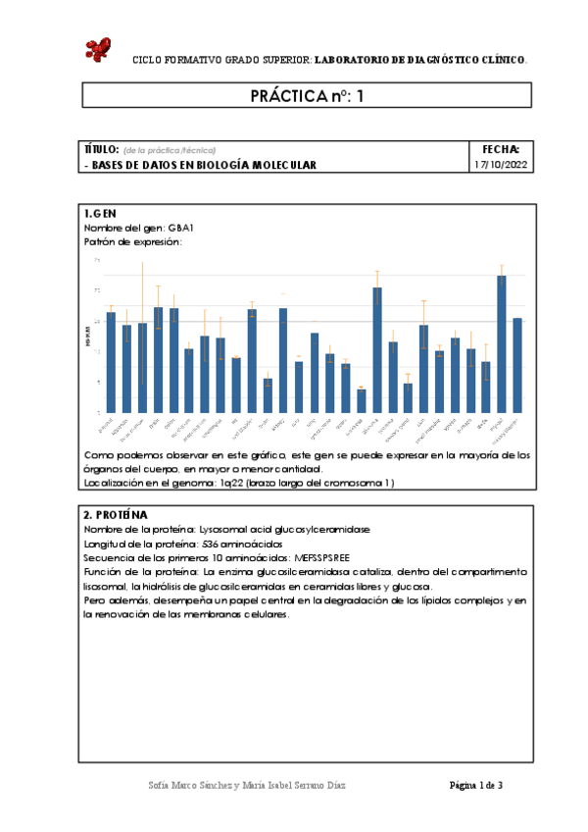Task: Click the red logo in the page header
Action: coord(98,49)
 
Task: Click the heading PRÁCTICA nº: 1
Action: coord(307,95)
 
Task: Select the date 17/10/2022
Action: coord(502,166)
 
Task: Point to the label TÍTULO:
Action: coord(102,149)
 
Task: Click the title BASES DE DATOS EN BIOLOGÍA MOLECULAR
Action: coord(204,166)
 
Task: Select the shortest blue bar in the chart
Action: coord(361,400)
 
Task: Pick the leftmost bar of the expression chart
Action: coord(111,361)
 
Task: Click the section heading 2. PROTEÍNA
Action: coord(116,514)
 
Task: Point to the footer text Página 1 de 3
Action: coord(475,785)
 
